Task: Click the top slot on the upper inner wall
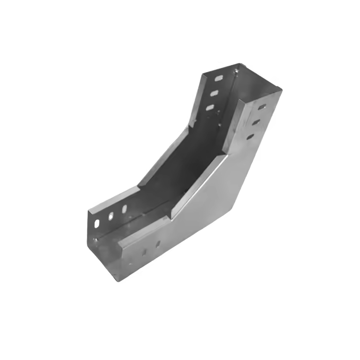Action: [218, 78]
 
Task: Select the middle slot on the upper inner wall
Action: [215, 93]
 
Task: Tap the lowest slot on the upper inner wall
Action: [210, 108]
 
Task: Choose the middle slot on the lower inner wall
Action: [111, 216]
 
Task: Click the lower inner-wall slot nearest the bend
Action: [124, 209]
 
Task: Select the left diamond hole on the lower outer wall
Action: [144, 251]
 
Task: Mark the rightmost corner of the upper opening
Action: [282, 88]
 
